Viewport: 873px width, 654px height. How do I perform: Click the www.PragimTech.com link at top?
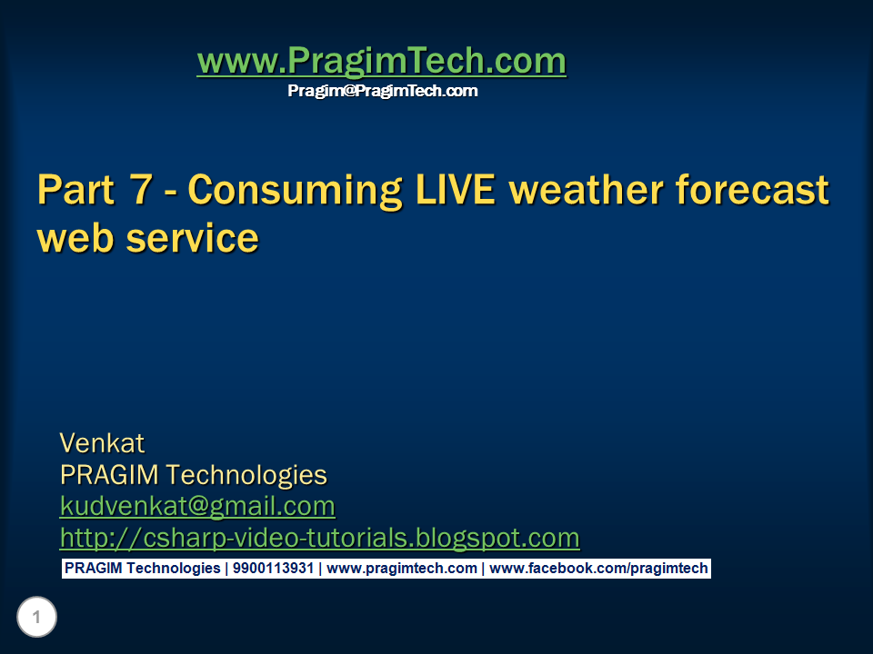[381, 62]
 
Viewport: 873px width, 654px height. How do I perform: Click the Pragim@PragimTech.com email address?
[382, 91]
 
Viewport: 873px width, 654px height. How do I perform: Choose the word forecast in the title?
[760, 191]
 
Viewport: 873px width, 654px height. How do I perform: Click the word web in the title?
[75, 238]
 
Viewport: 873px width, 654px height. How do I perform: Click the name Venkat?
[102, 443]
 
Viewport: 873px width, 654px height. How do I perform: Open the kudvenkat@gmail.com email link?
[197, 506]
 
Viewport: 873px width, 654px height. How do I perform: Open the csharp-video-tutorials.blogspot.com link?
[319, 538]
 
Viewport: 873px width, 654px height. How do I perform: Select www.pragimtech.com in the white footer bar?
[401, 569]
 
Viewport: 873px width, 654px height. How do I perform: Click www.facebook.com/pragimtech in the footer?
[598, 569]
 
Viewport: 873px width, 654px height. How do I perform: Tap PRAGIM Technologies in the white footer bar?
[142, 569]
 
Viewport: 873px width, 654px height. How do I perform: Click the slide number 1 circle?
[36, 619]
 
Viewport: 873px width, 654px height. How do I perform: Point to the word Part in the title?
[75, 191]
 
